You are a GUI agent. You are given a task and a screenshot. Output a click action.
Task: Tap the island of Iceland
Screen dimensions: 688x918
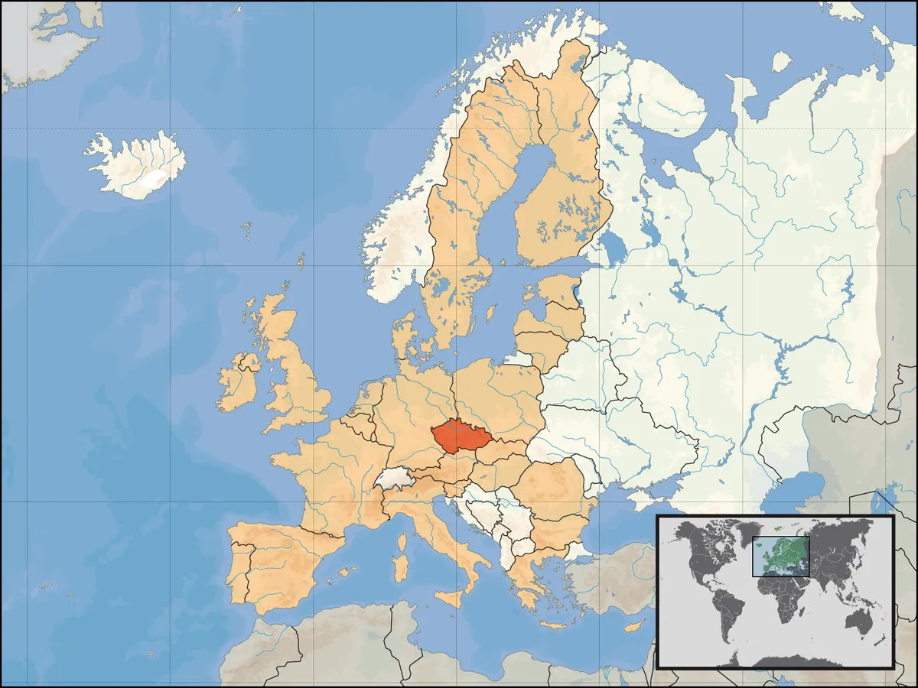(138, 164)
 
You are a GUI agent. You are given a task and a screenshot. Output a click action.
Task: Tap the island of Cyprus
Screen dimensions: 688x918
(632, 628)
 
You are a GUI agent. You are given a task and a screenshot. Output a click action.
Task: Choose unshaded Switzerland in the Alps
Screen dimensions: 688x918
(395, 479)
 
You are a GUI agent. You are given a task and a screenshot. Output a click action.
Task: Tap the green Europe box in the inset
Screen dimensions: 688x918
(780, 556)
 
